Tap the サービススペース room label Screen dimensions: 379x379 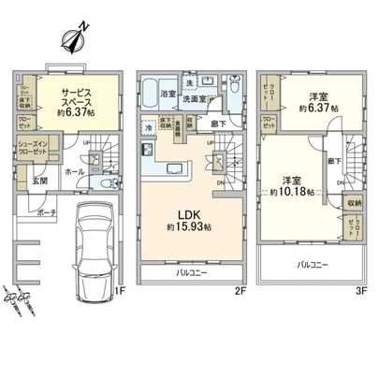[x=76, y=97]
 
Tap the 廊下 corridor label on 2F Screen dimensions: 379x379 [x=218, y=122]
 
